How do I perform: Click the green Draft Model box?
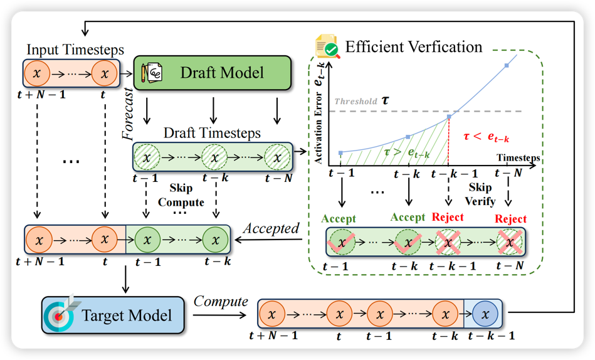[x=213, y=73]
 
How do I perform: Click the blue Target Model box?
[x=113, y=314]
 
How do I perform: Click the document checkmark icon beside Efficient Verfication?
[x=327, y=48]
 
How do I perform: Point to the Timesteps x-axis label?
[x=518, y=157]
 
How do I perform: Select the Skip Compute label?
[x=181, y=195]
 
